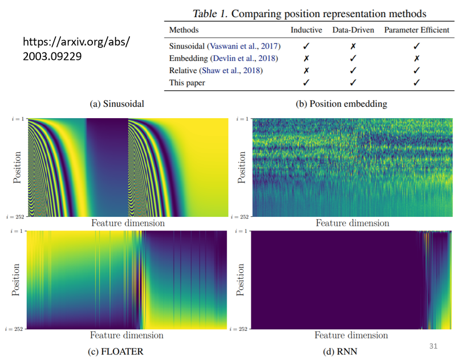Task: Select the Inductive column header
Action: point(306,30)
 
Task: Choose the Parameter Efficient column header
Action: point(417,30)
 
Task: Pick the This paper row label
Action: point(186,83)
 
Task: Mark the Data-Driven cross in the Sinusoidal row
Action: point(353,46)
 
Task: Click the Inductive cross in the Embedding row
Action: point(306,58)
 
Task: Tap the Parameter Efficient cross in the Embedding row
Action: point(417,58)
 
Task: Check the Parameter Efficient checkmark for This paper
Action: point(417,83)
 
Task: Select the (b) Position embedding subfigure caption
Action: point(350,104)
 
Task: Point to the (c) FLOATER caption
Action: point(116,351)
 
